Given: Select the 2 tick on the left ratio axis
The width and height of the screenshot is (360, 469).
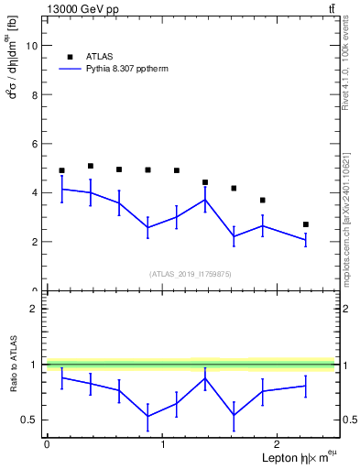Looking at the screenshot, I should point(37,309).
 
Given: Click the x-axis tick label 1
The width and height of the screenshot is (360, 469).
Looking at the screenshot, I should point(163,445).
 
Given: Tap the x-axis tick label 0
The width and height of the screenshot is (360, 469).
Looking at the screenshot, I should point(47,445).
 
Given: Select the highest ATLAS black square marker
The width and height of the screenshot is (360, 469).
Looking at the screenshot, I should point(91,166).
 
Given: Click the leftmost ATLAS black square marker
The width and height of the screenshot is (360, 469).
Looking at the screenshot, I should point(61,170).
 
